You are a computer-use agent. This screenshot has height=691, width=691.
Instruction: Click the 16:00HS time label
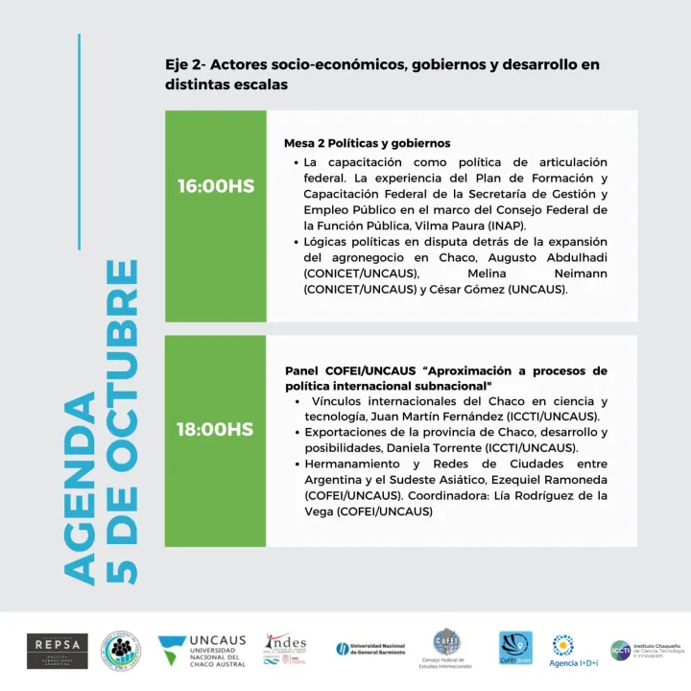[x=216, y=186]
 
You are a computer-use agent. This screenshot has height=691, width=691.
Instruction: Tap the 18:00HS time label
[x=215, y=429]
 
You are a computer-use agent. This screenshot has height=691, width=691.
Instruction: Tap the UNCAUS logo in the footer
[x=202, y=650]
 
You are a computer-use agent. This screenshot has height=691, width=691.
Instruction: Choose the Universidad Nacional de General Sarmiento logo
[x=370, y=649]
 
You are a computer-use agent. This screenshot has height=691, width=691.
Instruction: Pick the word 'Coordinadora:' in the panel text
[x=454, y=495]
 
